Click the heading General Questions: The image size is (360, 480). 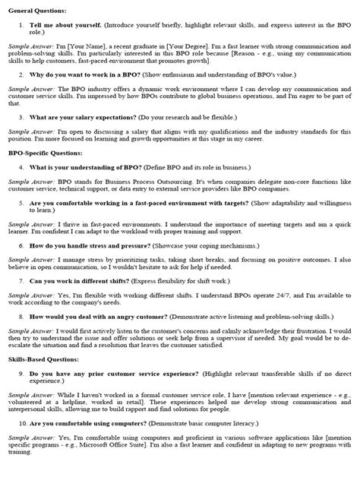point(37,11)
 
